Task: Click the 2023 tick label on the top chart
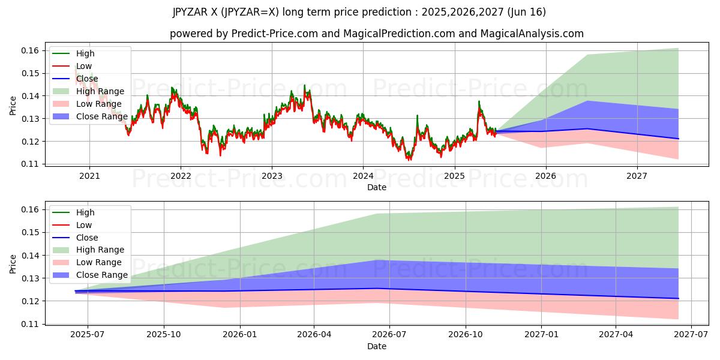272,176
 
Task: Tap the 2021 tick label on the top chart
89,176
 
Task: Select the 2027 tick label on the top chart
637,176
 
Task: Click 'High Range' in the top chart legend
100,91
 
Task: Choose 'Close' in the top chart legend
87,79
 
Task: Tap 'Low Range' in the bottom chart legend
98,262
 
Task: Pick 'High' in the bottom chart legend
85,212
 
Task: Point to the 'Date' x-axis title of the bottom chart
377,346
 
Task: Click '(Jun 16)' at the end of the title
526,12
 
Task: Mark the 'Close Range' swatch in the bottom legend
61,275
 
